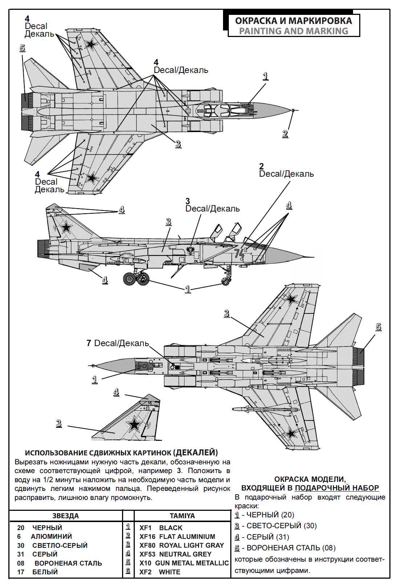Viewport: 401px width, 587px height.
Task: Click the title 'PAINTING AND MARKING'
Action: point(293,31)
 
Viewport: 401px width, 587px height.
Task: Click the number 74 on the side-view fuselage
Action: point(239,253)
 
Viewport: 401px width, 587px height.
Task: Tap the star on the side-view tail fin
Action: point(66,228)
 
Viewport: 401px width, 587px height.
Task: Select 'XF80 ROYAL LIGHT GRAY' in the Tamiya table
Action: point(182,545)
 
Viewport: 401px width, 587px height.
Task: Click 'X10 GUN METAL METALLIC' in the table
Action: point(184,563)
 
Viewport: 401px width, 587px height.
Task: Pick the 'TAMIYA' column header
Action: point(182,516)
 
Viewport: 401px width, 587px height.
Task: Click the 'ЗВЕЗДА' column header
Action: point(65,516)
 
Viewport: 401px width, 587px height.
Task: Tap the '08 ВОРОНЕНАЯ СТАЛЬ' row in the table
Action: point(60,563)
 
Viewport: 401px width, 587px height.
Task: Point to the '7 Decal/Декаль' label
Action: point(118,343)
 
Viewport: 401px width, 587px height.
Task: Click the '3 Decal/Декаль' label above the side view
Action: point(212,208)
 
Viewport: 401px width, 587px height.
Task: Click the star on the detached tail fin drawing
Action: point(134,424)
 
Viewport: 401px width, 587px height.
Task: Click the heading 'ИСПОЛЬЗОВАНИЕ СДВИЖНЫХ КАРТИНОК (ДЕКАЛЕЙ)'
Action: point(121,452)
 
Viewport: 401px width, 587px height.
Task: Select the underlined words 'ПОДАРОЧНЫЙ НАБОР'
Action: point(337,488)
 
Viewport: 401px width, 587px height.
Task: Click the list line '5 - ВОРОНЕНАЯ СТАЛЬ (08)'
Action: point(285,548)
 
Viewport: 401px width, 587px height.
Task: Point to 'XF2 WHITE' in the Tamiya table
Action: point(160,572)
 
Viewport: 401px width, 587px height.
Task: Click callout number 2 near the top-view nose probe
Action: point(285,134)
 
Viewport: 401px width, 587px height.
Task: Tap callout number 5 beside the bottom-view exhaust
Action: point(378,327)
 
